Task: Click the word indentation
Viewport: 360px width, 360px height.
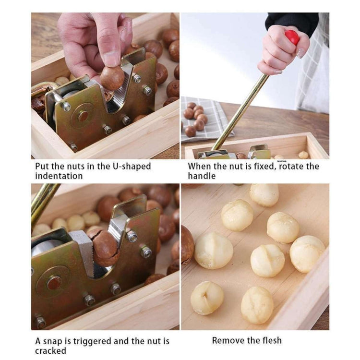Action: [x=59, y=176]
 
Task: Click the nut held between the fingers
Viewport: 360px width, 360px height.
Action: [x=112, y=78]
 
